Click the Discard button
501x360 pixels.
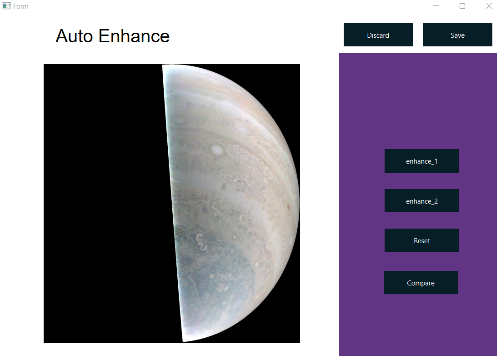coord(378,35)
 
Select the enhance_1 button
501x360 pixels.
coord(422,161)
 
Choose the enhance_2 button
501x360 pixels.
coord(422,200)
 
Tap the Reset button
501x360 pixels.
coord(422,240)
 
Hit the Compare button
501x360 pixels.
coord(421,283)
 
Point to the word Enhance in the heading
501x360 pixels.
coord(134,36)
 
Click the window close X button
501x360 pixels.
coord(489,6)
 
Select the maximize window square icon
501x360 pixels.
coord(462,6)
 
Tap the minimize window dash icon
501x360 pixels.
coord(436,6)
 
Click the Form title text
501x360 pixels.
coord(21,6)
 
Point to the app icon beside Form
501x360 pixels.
coord(6,6)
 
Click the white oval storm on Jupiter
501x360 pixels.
coord(217,150)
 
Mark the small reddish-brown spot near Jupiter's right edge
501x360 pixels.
coord(288,207)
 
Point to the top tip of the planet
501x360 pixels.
coord(163,65)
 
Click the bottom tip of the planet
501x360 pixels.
coord(183,341)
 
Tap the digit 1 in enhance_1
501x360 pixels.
coord(436,161)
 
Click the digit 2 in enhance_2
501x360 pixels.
coord(436,201)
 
